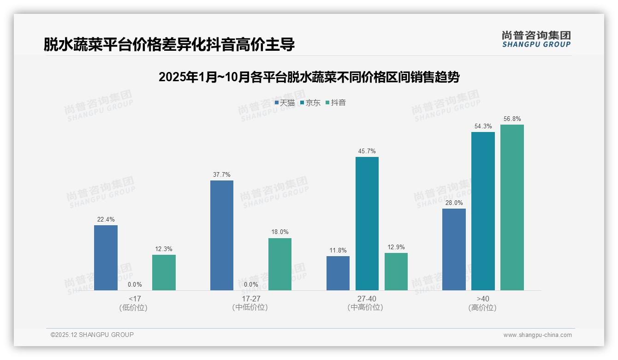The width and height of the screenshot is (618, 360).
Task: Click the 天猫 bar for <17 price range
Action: click(x=106, y=258)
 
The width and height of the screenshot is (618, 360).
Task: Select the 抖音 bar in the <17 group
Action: click(x=164, y=272)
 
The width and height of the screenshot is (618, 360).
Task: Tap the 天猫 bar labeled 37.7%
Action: click(x=222, y=235)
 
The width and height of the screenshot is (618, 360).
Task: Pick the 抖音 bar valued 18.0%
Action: click(x=280, y=264)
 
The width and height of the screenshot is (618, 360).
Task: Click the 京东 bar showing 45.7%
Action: click(x=367, y=223)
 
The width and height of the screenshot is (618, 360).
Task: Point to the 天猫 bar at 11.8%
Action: click(x=338, y=273)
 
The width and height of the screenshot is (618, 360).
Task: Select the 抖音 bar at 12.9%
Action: click(x=396, y=271)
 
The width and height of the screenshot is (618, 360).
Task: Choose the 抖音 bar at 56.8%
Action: click(x=512, y=207)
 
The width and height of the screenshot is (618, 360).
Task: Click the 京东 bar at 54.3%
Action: click(x=483, y=211)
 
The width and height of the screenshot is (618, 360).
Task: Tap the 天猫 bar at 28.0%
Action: click(x=454, y=249)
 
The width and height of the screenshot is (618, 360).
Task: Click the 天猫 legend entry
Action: click(x=285, y=102)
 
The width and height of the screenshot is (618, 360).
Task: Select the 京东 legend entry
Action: click(x=310, y=102)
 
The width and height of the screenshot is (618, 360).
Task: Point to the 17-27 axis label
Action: click(x=250, y=299)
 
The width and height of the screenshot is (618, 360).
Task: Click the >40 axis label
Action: click(x=482, y=299)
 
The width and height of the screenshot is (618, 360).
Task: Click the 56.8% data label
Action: click(x=512, y=119)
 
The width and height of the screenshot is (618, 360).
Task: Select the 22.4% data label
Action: click(x=106, y=220)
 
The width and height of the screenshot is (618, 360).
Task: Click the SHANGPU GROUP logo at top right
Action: click(x=536, y=39)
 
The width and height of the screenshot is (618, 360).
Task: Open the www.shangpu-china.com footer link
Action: click(x=537, y=335)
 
